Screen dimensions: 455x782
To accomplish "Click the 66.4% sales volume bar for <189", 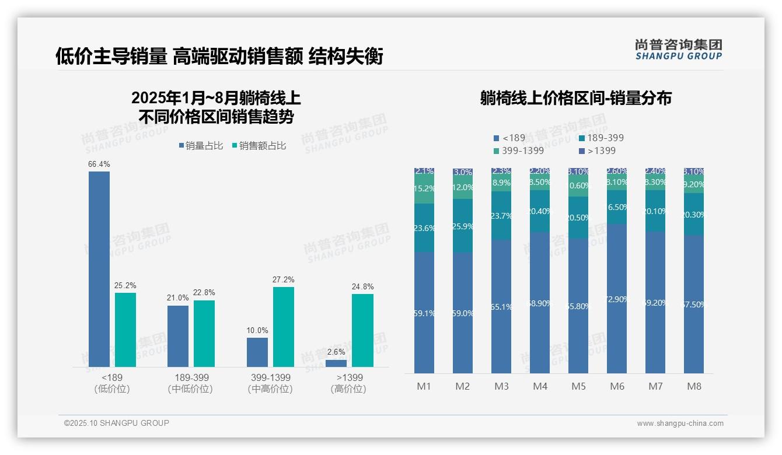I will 99,268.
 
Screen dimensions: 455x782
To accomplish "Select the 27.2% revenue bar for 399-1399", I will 284,327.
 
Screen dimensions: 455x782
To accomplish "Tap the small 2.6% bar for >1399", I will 336,363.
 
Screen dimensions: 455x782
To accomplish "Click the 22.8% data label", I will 204,292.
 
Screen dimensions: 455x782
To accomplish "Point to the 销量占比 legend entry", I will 201,146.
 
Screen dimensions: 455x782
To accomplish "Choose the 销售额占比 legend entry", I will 259,146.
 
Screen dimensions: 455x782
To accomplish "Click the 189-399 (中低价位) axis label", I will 191,383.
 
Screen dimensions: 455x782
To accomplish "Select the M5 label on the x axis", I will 578,386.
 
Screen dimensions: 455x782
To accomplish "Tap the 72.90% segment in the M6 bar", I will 617,299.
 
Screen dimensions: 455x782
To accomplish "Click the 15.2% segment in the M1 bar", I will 424,189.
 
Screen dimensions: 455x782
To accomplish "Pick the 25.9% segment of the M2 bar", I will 463,226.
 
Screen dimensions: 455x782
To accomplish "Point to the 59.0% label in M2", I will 463,313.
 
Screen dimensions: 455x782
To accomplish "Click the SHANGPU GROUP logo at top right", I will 679,50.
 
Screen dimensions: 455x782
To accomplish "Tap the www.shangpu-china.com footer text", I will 680,423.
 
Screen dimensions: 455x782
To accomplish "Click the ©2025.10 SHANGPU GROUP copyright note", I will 117,423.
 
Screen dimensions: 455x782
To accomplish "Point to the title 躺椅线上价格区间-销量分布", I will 575,98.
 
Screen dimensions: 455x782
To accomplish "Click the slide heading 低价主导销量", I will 111,57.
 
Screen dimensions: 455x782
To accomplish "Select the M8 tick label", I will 694,386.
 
